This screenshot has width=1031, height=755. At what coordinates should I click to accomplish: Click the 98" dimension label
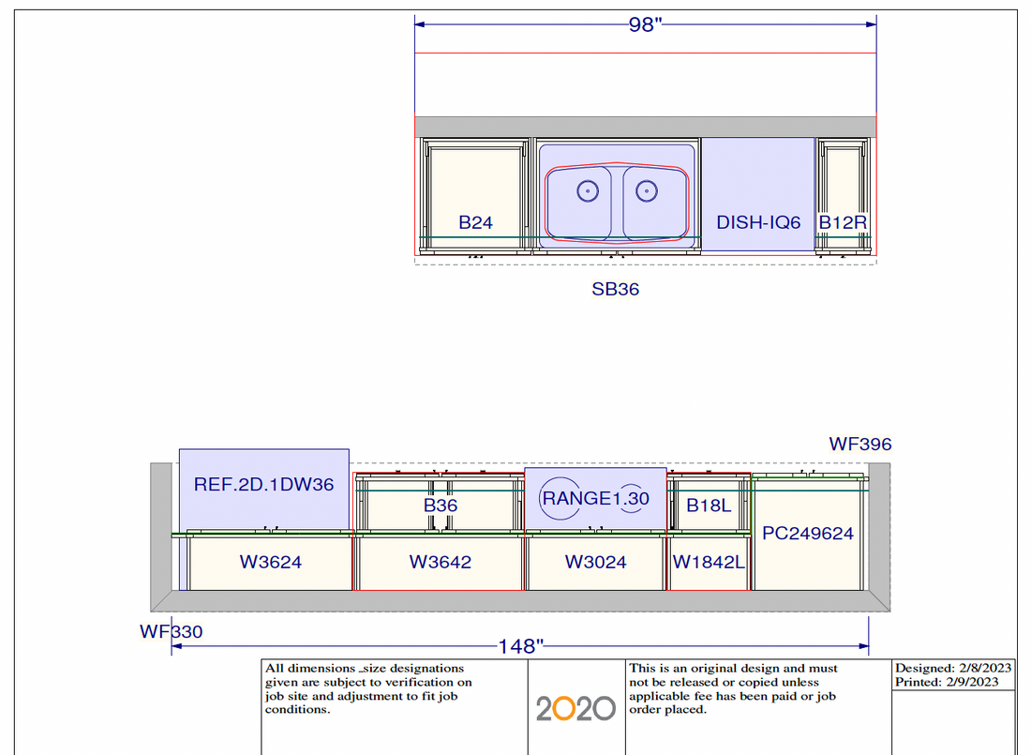tap(645, 24)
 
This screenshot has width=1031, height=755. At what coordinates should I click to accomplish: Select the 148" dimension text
tap(521, 646)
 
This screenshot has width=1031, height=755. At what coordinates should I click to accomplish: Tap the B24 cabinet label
tap(475, 222)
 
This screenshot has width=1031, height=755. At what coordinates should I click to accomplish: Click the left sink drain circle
tap(587, 191)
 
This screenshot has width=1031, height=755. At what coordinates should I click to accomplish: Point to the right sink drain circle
tap(647, 191)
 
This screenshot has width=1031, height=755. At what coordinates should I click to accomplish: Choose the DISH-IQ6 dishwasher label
tap(758, 222)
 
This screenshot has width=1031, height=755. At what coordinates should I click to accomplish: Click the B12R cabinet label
tap(843, 222)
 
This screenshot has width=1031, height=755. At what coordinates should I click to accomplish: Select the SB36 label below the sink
tap(616, 289)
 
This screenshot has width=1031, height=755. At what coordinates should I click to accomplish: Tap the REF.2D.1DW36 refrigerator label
tap(263, 485)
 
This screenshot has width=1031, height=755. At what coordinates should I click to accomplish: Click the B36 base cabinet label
tap(440, 506)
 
